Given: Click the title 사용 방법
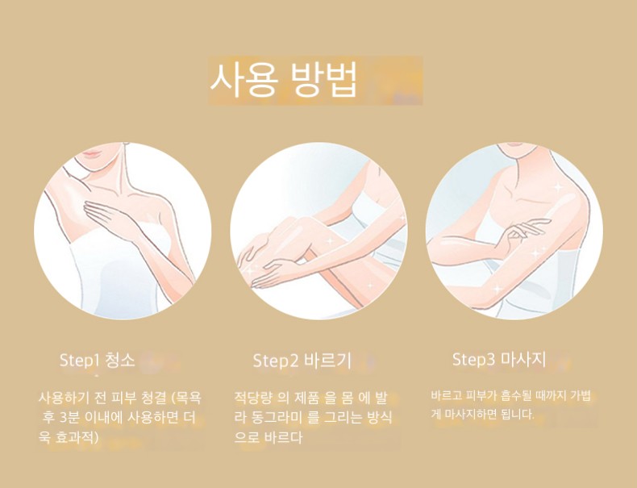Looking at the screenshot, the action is (x=283, y=80).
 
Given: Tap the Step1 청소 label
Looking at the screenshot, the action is (x=97, y=360).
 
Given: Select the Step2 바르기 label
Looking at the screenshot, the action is (x=302, y=361).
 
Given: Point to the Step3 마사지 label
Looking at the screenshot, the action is (x=499, y=359).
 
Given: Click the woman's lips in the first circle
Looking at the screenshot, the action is (x=93, y=154).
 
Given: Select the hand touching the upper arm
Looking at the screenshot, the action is (x=523, y=231).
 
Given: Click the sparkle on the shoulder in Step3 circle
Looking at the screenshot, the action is (x=558, y=187).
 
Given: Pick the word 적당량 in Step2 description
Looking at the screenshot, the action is (x=252, y=398).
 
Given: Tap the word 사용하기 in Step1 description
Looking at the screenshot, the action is (x=64, y=398).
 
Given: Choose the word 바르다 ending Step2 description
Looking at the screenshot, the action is (x=283, y=438).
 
